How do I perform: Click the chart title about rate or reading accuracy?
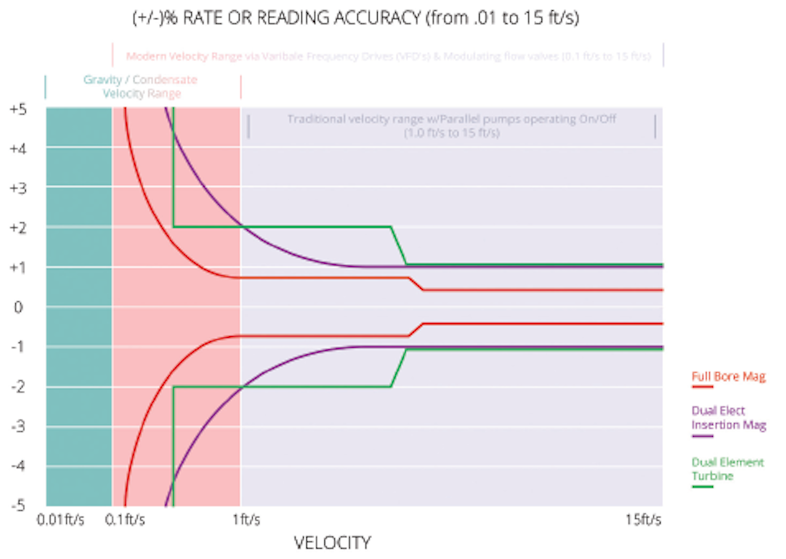point(355,18)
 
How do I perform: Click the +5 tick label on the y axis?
point(18,109)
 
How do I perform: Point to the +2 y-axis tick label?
point(18,228)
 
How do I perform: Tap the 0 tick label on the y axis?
point(18,307)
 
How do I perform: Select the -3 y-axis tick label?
point(18,426)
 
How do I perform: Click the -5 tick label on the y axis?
point(18,505)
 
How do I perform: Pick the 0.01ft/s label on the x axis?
point(61,520)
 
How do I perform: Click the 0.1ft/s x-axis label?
point(125,520)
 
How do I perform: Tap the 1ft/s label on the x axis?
point(246,520)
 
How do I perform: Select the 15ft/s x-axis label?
point(644,520)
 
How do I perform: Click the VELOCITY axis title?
point(332,543)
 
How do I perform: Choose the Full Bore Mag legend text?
point(729,376)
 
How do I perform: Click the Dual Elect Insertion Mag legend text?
point(729,418)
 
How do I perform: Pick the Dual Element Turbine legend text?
point(728,469)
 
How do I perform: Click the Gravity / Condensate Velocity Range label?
point(141,87)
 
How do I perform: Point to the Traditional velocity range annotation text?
point(452,126)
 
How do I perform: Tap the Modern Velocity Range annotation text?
point(388,56)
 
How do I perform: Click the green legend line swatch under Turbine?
point(702,486)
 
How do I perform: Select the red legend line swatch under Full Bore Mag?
point(702,386)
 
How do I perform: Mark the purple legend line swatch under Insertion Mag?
point(702,436)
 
